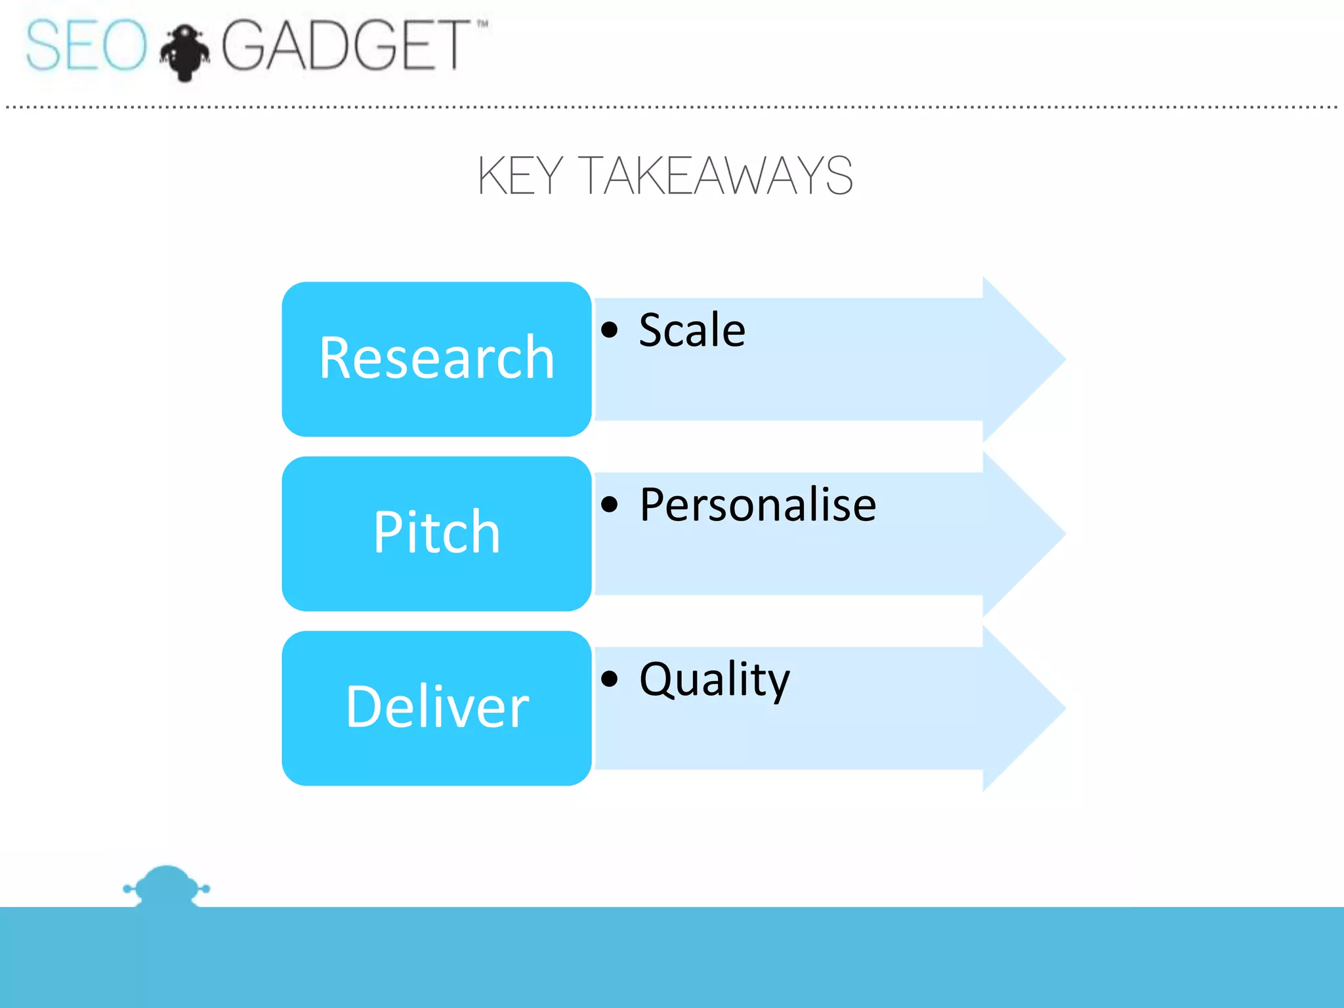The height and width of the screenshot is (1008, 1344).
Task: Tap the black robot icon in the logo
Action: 185,52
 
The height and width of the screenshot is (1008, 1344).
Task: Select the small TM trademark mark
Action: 482,24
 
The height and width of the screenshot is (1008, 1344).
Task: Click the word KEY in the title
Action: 519,176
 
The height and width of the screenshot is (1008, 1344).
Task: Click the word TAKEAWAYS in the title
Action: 717,176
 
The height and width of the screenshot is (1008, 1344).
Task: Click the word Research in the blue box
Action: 437,358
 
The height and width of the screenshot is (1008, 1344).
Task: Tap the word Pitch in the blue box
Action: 437,532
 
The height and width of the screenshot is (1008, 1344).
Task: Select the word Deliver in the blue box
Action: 437,707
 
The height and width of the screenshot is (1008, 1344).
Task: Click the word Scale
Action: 692,329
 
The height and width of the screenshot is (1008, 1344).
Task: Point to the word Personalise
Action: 757,505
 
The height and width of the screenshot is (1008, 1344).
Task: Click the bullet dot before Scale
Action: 610,329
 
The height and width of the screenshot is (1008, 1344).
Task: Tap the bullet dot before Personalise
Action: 610,504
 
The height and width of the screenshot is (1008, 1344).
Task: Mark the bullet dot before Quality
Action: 610,679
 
